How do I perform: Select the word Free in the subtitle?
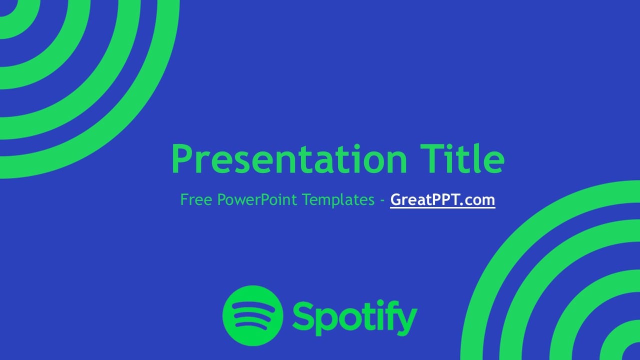click(x=196, y=200)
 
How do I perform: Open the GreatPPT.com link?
click(x=442, y=200)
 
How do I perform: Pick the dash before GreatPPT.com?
click(x=382, y=200)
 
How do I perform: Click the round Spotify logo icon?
click(x=252, y=315)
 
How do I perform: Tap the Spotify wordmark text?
click(x=354, y=317)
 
